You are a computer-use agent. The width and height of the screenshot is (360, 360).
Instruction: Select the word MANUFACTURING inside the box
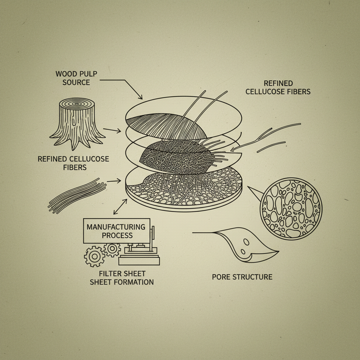point(116,227)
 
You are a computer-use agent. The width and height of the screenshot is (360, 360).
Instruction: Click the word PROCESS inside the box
point(117,235)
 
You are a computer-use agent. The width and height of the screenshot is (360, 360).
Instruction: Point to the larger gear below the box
point(94,257)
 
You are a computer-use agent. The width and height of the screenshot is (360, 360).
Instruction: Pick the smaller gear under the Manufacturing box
point(112,249)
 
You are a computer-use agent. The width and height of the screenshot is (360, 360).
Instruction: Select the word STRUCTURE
point(252,277)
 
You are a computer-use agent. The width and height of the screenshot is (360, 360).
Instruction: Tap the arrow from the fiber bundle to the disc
point(114,181)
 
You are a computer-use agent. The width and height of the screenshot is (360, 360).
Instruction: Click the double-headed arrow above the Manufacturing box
point(120,207)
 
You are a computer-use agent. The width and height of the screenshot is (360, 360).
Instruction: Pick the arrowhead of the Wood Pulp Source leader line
point(141,97)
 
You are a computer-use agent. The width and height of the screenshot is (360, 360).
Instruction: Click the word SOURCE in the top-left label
point(76,82)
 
